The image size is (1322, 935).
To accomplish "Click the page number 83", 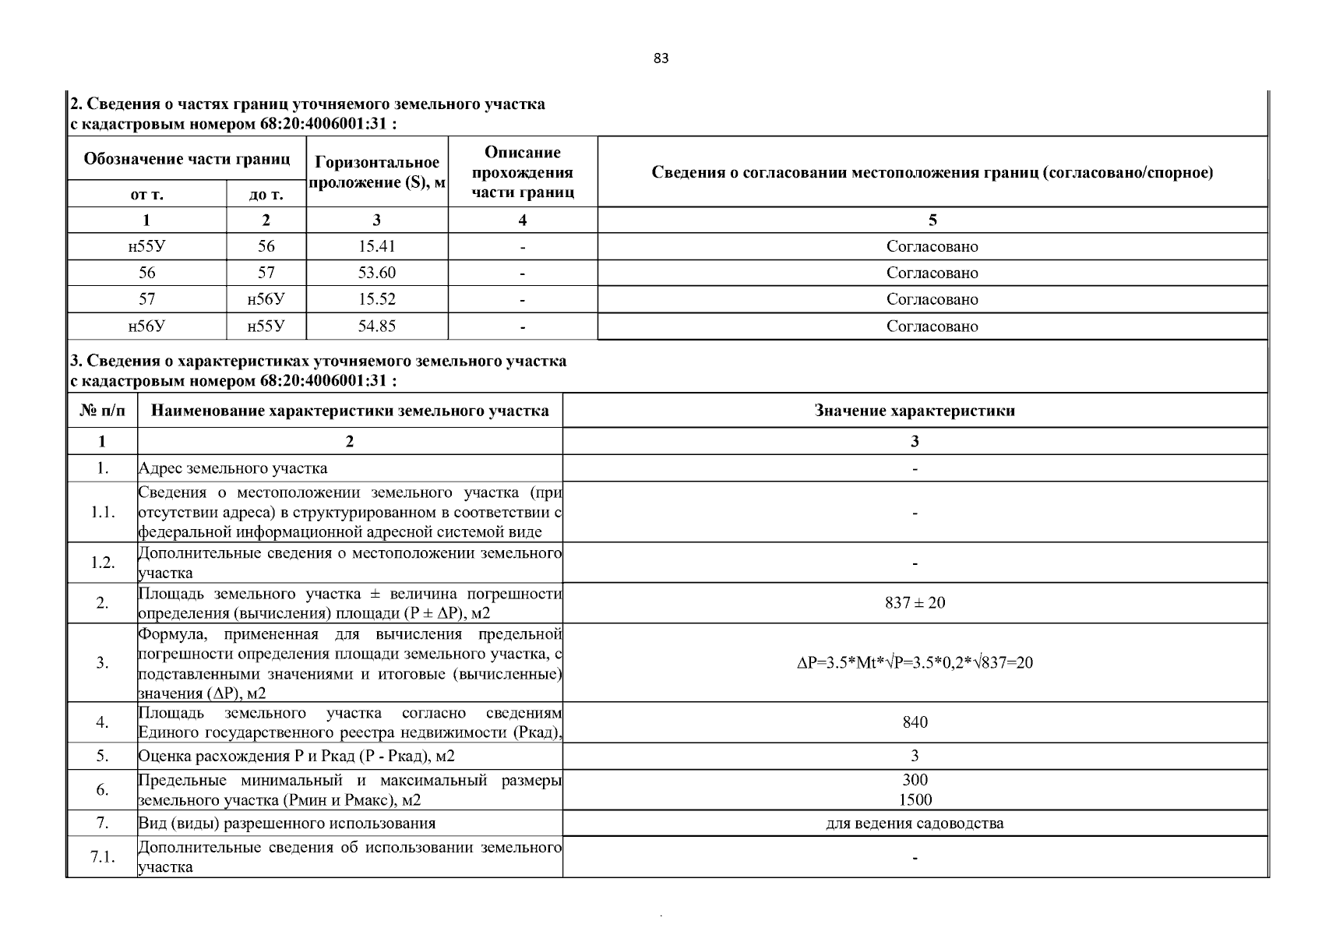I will (x=661, y=59).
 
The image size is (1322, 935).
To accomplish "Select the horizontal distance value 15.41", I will (x=376, y=246).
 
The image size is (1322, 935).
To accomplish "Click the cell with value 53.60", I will (x=376, y=273).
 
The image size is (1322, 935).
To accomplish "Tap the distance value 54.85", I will (x=376, y=326).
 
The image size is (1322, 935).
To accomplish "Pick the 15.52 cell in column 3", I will (x=376, y=299).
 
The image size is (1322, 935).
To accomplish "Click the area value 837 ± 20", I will (x=915, y=602).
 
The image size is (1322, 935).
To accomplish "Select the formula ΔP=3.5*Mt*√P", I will (x=915, y=663).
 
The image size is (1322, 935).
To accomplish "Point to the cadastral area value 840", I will (x=915, y=722).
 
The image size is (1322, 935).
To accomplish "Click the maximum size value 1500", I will (x=915, y=799).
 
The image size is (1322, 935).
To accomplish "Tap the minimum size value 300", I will (x=915, y=780).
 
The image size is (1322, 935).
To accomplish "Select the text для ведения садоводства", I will (x=915, y=823).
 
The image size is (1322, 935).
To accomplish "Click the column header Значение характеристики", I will (x=915, y=411).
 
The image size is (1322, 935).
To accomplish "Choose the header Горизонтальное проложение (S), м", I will (x=377, y=172).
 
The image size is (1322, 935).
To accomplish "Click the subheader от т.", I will (x=146, y=195).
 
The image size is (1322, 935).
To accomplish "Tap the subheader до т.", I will (x=266, y=195).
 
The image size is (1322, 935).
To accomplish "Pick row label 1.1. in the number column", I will (x=102, y=512).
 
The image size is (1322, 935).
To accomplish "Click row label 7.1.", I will (x=102, y=857).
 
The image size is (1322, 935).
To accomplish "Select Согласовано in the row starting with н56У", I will (x=932, y=326).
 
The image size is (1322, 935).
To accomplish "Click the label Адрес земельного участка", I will (x=233, y=468).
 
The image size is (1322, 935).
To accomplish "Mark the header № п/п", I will (x=102, y=411).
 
